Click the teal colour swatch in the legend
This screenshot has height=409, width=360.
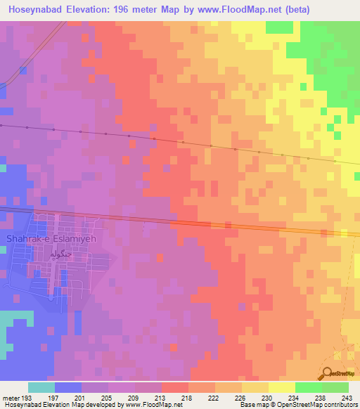point(41,387)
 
